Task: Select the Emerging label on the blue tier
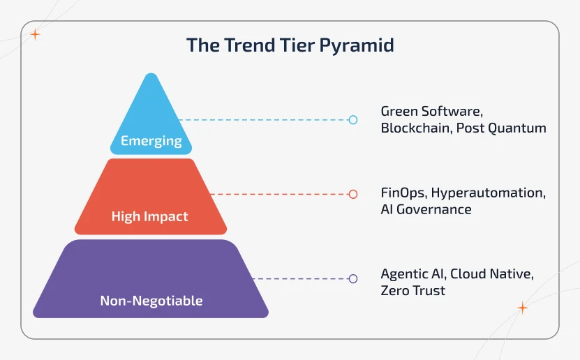(151, 141)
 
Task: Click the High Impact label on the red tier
(150, 216)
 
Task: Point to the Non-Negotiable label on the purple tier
(151, 301)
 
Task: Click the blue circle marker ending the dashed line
(353, 120)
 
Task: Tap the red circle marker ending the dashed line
(353, 194)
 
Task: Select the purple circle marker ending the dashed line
(353, 278)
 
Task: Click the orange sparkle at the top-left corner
(35, 34)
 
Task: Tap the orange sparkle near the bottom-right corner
(522, 308)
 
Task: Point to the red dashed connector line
(279, 194)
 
